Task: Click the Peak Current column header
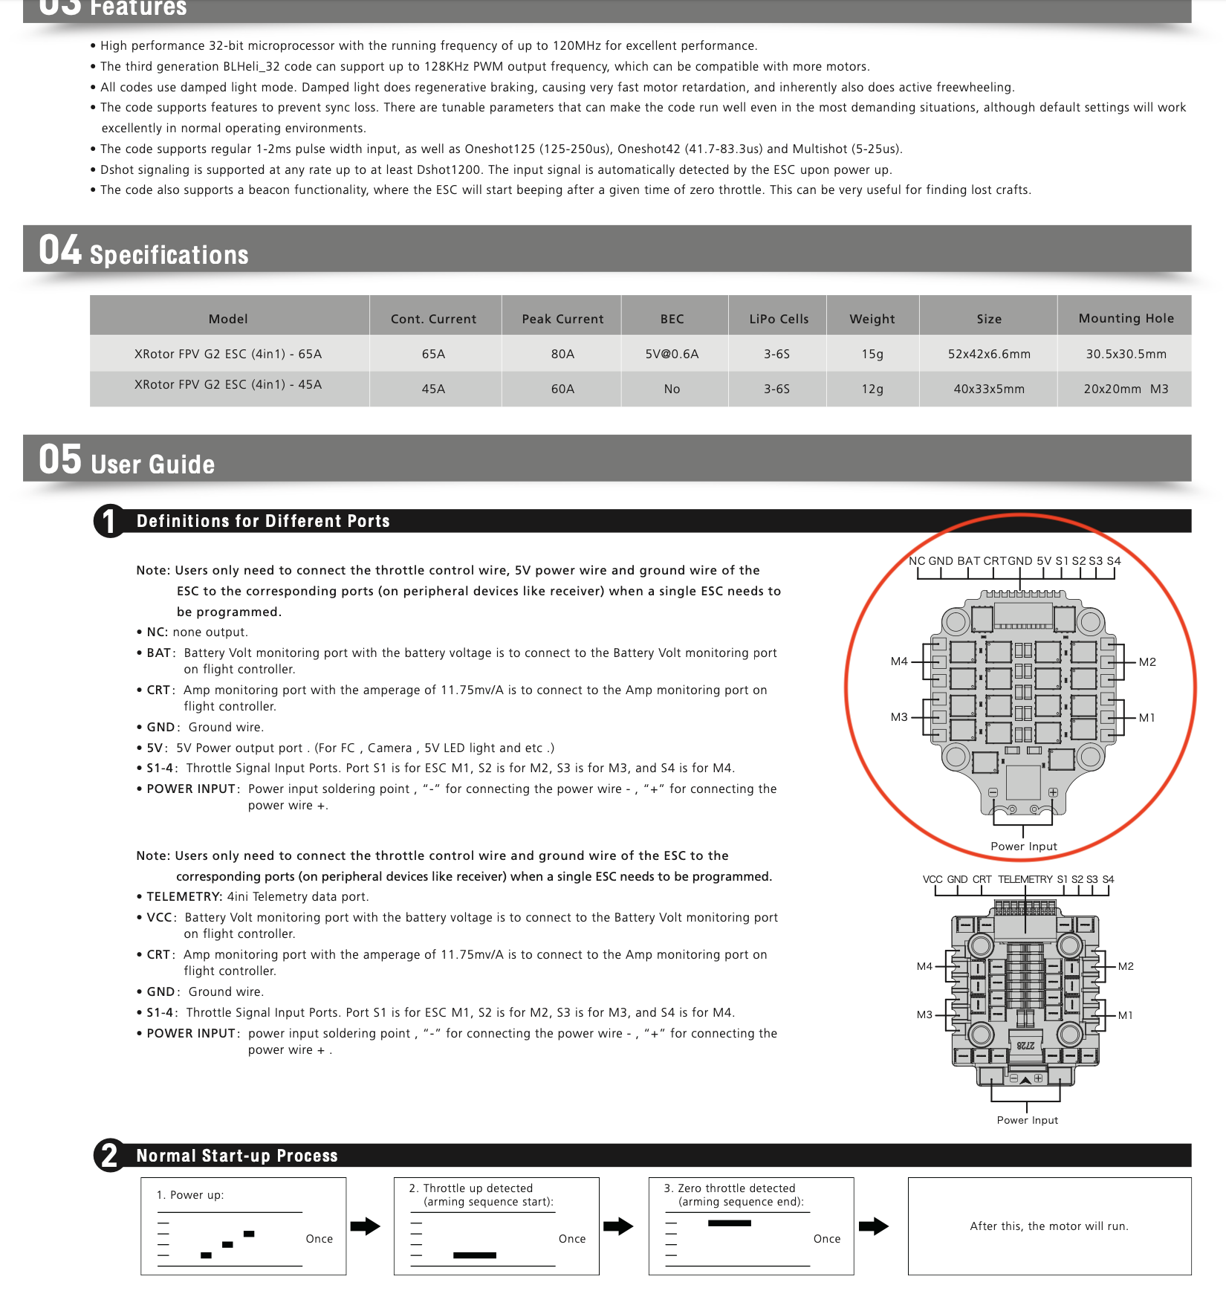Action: click(x=562, y=319)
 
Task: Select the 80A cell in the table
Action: click(x=562, y=354)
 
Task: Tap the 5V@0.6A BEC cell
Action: click(x=672, y=354)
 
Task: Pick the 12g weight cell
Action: click(x=872, y=389)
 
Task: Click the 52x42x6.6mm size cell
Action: click(x=989, y=354)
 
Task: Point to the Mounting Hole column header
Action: click(x=1126, y=318)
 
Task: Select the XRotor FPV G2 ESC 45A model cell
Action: click(x=228, y=384)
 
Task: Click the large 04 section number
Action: click(x=59, y=250)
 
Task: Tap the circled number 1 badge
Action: click(x=109, y=521)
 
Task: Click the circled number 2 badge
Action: click(x=109, y=1156)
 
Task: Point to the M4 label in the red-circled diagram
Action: click(x=899, y=661)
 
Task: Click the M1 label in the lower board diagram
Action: click(x=1126, y=1015)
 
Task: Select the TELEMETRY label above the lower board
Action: click(x=1025, y=879)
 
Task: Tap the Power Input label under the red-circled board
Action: click(x=1023, y=847)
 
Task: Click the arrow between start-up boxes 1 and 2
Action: click(x=365, y=1226)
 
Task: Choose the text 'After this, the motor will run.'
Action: click(x=1048, y=1226)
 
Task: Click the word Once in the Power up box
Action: click(x=319, y=1239)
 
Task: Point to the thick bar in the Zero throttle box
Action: click(x=729, y=1223)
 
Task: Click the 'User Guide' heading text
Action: click(x=152, y=465)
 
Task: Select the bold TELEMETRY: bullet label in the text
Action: click(x=184, y=897)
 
